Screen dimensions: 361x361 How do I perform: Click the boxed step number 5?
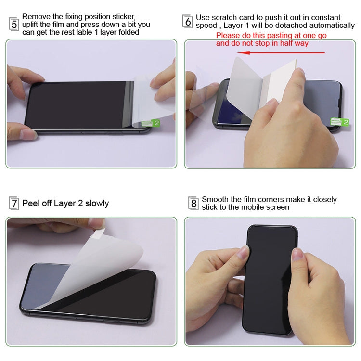[14, 24]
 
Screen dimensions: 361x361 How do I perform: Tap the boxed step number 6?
[188, 22]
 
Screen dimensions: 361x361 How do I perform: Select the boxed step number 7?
[14, 203]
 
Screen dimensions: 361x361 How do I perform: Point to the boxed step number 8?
[193, 203]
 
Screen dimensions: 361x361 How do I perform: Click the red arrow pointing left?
[281, 52]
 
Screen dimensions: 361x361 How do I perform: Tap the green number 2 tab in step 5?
[151, 123]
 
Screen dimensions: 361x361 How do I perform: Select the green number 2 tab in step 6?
[339, 122]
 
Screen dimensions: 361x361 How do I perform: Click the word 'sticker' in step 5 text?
[124, 16]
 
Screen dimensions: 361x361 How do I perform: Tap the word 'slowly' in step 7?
[97, 203]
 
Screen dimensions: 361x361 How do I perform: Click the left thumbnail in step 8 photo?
[244, 252]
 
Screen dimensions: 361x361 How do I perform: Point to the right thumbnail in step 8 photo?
[297, 254]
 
